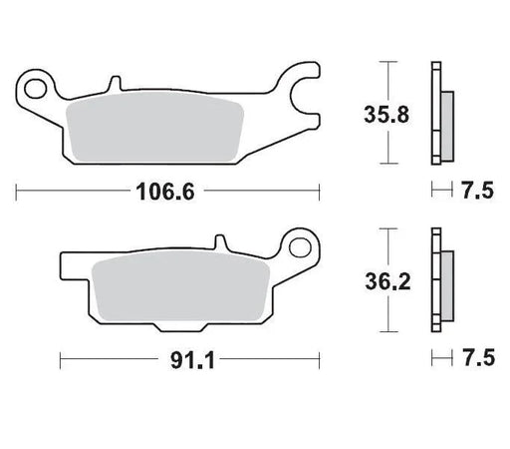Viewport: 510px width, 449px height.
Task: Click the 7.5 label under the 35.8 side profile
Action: [x=476, y=189]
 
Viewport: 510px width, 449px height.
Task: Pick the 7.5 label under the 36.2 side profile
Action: [x=476, y=355]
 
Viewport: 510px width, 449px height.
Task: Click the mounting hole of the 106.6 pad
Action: [x=39, y=86]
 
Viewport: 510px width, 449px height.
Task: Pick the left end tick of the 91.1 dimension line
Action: [x=61, y=355]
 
